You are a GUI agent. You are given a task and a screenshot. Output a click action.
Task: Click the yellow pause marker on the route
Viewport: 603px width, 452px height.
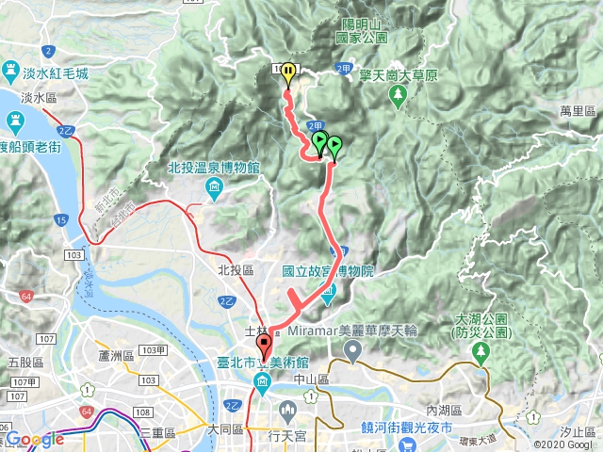click(x=287, y=73)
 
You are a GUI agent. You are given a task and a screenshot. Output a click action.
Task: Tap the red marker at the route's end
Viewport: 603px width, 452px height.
click(x=263, y=346)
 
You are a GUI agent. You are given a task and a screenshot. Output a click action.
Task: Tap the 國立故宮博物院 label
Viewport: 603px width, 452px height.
click(x=328, y=270)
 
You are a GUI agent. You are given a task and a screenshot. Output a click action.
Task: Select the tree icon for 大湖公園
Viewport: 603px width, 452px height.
click(x=481, y=352)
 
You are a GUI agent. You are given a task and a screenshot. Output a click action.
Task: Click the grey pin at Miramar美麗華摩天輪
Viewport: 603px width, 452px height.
click(x=353, y=352)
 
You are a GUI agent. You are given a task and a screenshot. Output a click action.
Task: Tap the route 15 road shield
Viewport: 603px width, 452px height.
click(x=60, y=219)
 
